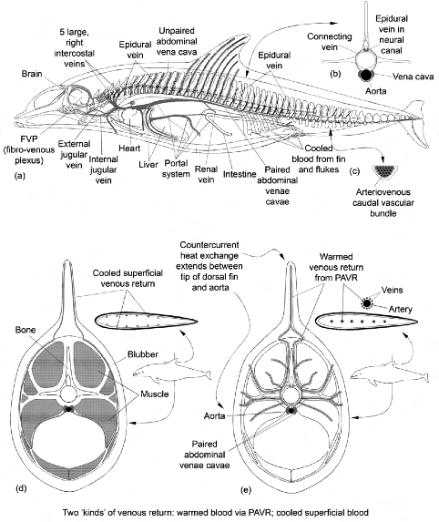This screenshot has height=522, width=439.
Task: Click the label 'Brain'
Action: (x=32, y=74)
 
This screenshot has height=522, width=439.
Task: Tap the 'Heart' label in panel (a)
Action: (x=129, y=148)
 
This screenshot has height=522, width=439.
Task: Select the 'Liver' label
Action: (x=148, y=165)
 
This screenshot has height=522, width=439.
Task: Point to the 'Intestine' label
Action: (x=240, y=174)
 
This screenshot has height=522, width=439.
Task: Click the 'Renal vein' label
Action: (x=206, y=174)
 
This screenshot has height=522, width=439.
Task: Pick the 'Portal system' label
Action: (x=177, y=169)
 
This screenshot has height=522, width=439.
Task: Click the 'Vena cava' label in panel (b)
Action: (x=413, y=77)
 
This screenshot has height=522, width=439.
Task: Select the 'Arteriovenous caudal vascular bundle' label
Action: (x=383, y=202)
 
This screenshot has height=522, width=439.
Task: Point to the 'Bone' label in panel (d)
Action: (x=26, y=330)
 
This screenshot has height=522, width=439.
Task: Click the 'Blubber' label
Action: (x=143, y=354)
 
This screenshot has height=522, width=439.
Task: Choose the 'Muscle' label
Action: (x=155, y=394)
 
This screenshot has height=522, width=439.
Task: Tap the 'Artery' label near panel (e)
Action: (x=401, y=309)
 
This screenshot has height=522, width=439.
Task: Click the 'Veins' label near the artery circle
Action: (x=392, y=290)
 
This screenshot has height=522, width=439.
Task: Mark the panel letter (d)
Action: (x=21, y=488)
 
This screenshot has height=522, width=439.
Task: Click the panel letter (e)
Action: (x=246, y=490)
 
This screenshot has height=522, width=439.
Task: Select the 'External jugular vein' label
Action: (x=74, y=154)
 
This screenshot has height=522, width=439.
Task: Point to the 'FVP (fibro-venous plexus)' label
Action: (x=29, y=149)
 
